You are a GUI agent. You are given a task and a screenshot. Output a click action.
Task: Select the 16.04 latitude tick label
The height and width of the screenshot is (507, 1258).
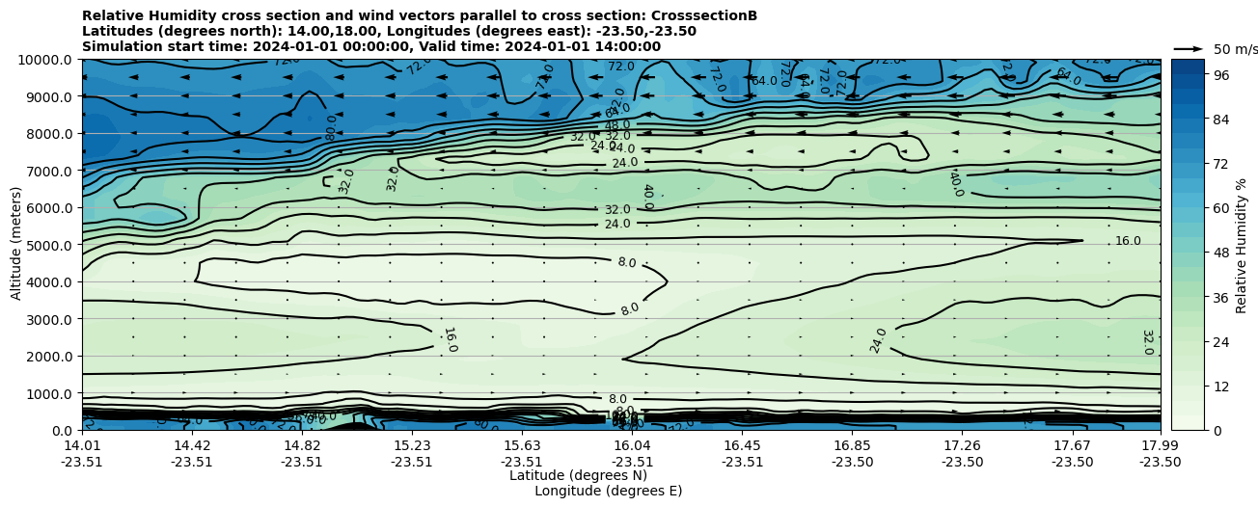click(633, 445)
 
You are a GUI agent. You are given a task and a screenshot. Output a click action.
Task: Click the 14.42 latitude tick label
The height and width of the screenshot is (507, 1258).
click(192, 445)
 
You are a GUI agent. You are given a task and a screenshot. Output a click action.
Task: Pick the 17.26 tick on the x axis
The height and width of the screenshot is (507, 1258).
click(962, 445)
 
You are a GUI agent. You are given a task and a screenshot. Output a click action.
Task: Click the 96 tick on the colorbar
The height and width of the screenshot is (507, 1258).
click(1220, 75)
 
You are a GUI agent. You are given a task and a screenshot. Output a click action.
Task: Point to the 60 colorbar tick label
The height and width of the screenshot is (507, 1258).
click(1220, 208)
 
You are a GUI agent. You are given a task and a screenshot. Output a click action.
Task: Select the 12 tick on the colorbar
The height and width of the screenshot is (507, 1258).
click(1220, 387)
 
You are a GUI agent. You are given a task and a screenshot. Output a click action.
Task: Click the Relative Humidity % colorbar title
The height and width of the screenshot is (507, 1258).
click(1242, 245)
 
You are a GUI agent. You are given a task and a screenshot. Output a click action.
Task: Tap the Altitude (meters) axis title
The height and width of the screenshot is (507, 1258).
click(16, 245)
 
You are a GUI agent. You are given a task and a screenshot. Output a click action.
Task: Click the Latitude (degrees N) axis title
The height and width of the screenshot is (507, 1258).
click(578, 475)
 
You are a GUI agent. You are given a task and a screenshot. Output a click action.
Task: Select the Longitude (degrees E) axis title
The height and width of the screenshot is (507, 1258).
click(608, 491)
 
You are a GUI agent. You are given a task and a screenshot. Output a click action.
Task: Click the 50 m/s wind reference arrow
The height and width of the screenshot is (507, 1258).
click(1189, 49)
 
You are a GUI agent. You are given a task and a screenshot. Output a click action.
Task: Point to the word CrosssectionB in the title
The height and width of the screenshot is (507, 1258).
click(704, 15)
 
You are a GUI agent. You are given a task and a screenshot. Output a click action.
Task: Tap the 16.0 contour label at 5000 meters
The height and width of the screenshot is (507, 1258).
click(1128, 241)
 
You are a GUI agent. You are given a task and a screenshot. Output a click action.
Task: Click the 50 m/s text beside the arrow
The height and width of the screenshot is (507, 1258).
click(1235, 49)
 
